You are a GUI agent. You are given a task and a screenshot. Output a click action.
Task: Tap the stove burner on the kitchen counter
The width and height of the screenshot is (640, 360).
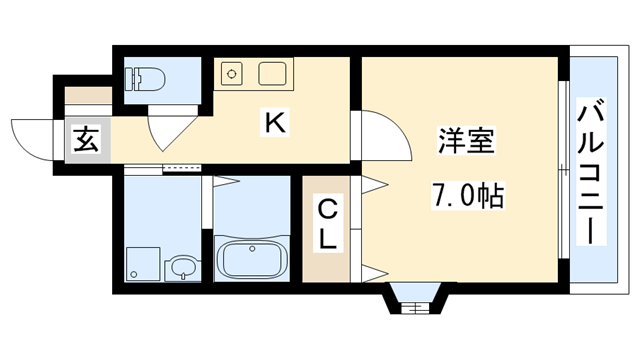click(232, 73)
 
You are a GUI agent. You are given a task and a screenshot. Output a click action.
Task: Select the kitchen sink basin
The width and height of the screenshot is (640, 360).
click(272, 74)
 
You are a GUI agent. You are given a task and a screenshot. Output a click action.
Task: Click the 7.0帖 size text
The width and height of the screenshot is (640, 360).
click(465, 194)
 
